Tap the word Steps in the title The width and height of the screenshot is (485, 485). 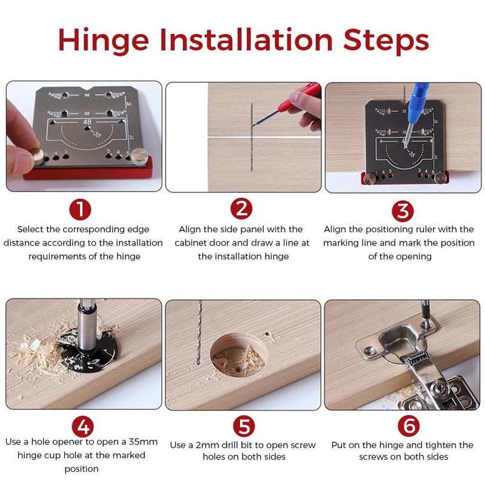(386, 40)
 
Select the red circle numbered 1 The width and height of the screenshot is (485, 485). (80, 209)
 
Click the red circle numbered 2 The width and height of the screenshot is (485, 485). (241, 209)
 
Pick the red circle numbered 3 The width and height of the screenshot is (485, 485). (403, 211)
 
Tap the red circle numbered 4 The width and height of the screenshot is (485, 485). (82, 427)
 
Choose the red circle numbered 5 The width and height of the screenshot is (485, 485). (244, 426)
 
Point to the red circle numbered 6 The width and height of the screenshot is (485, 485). (409, 426)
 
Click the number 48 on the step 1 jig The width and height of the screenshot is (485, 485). (87, 122)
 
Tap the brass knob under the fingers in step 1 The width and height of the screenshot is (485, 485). (38, 156)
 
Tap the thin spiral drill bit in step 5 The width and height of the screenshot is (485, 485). (199, 331)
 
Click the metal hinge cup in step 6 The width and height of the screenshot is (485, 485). (400, 340)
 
